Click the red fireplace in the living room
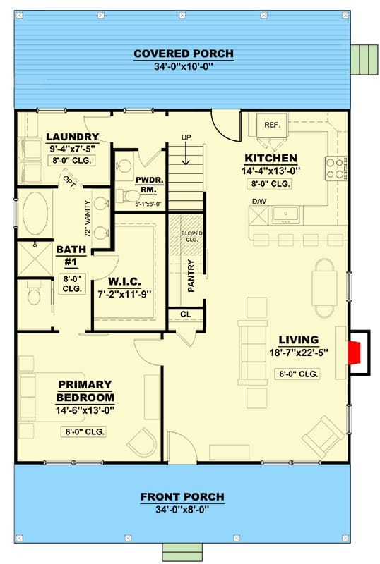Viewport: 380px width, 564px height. point(354,353)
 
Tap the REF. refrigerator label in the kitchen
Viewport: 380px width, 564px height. point(272,125)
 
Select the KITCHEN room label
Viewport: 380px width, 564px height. point(271,158)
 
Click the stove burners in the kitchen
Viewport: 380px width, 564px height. point(335,168)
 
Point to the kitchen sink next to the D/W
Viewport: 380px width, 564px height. point(285,215)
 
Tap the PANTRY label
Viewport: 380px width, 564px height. point(191,276)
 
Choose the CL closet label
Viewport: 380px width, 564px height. point(186,314)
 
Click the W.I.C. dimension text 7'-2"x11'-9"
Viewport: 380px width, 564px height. point(124,294)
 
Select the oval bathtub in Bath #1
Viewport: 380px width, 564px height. point(35,213)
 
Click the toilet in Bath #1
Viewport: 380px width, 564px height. point(34,293)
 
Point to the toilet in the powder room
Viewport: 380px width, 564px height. point(129,196)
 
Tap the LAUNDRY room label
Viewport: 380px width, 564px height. point(73,137)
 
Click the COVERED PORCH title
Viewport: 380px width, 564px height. point(184,54)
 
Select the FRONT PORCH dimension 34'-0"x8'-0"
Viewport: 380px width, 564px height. point(182,509)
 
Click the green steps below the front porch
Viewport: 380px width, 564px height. point(182,552)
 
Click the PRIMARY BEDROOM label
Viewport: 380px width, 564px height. point(85,391)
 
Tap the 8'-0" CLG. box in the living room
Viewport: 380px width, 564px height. point(298,374)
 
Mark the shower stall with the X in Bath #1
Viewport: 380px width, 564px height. point(35,259)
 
